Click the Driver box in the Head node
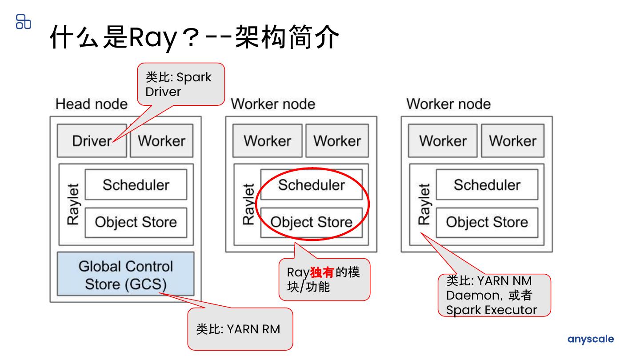[92, 141]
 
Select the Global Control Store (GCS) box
[126, 274]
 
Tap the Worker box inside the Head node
[161, 141]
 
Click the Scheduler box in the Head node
[136, 184]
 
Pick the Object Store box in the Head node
[136, 222]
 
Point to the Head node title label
[91, 104]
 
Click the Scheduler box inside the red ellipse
[311, 184]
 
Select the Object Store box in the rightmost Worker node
[487, 222]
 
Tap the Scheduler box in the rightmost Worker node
[487, 184]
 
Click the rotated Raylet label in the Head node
[72, 204]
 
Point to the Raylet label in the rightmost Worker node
[424, 204]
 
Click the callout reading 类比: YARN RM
[240, 329]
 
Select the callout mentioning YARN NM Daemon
[494, 295]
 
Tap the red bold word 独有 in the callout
[322, 272]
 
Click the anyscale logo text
[591, 339]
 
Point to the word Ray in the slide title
[152, 37]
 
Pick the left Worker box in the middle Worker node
[267, 141]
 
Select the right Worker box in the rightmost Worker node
[512, 141]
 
